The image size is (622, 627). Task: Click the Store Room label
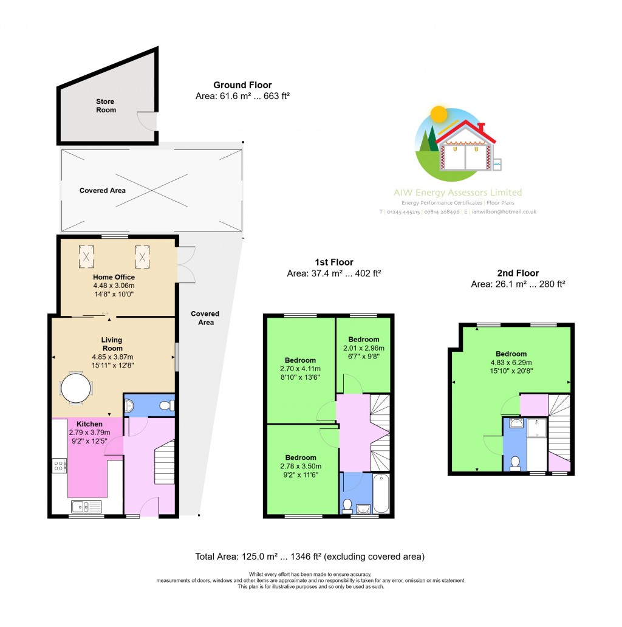[x=105, y=106]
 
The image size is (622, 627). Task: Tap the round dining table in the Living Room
[x=77, y=387]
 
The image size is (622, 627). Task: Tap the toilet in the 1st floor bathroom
[x=347, y=506]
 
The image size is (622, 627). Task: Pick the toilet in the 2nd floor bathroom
[x=515, y=464]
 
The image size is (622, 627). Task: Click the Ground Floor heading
[x=242, y=85]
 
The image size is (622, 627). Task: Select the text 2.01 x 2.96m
[x=364, y=348]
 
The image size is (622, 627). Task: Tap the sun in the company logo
[x=437, y=114]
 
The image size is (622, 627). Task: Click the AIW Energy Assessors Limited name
[x=457, y=193]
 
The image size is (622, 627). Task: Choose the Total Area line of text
[x=310, y=557]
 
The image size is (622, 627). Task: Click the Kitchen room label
[x=89, y=423]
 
